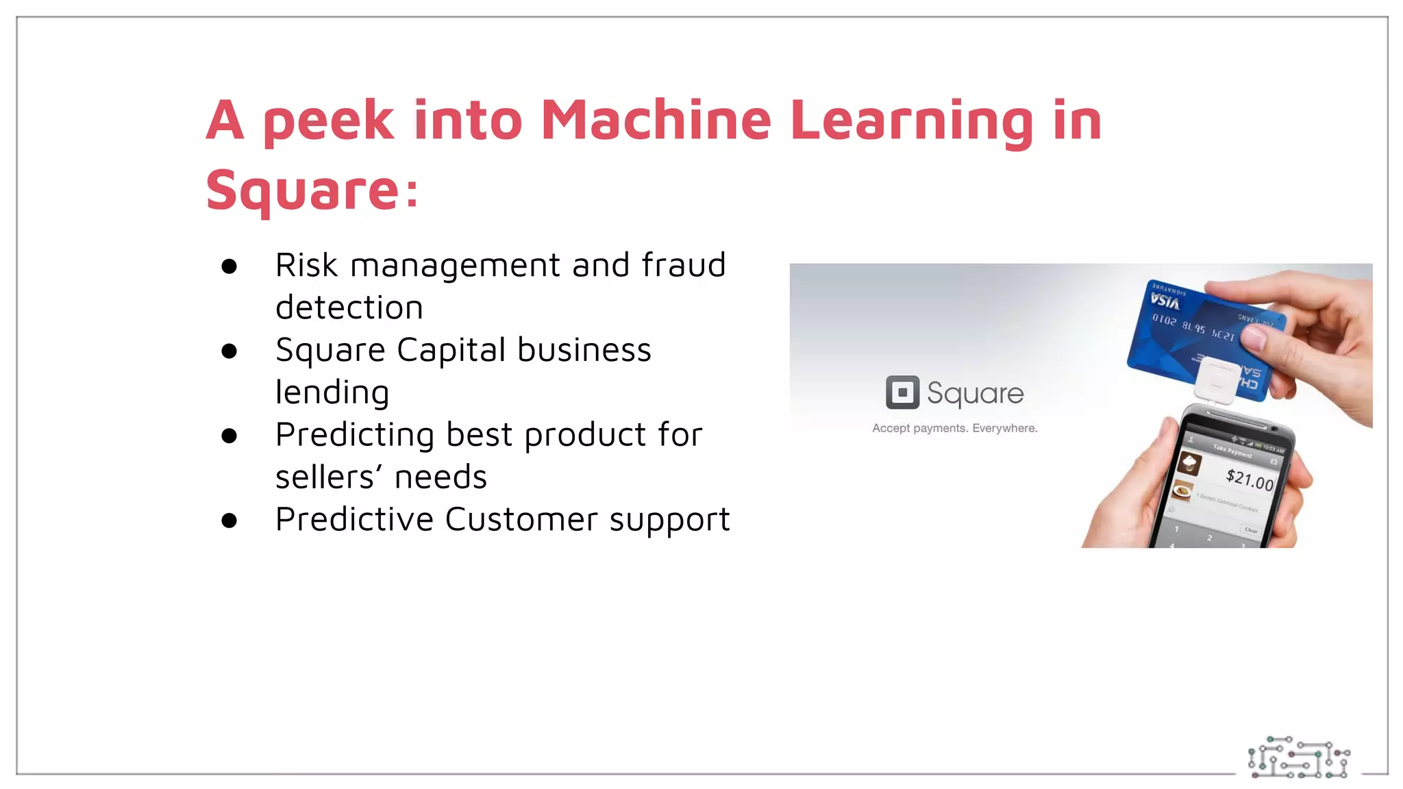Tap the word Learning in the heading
(x=911, y=122)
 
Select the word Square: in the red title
(x=312, y=190)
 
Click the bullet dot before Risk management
(x=229, y=266)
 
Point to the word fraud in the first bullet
(x=684, y=265)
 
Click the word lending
(x=332, y=392)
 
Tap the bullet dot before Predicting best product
(x=229, y=436)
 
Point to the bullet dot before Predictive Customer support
(x=229, y=521)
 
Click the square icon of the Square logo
(x=902, y=392)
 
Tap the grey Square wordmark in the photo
(x=975, y=393)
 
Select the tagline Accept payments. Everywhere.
(x=954, y=428)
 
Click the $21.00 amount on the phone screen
(x=1250, y=479)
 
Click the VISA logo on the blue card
(x=1165, y=301)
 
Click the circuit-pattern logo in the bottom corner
(x=1298, y=757)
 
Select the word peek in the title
(x=329, y=122)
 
